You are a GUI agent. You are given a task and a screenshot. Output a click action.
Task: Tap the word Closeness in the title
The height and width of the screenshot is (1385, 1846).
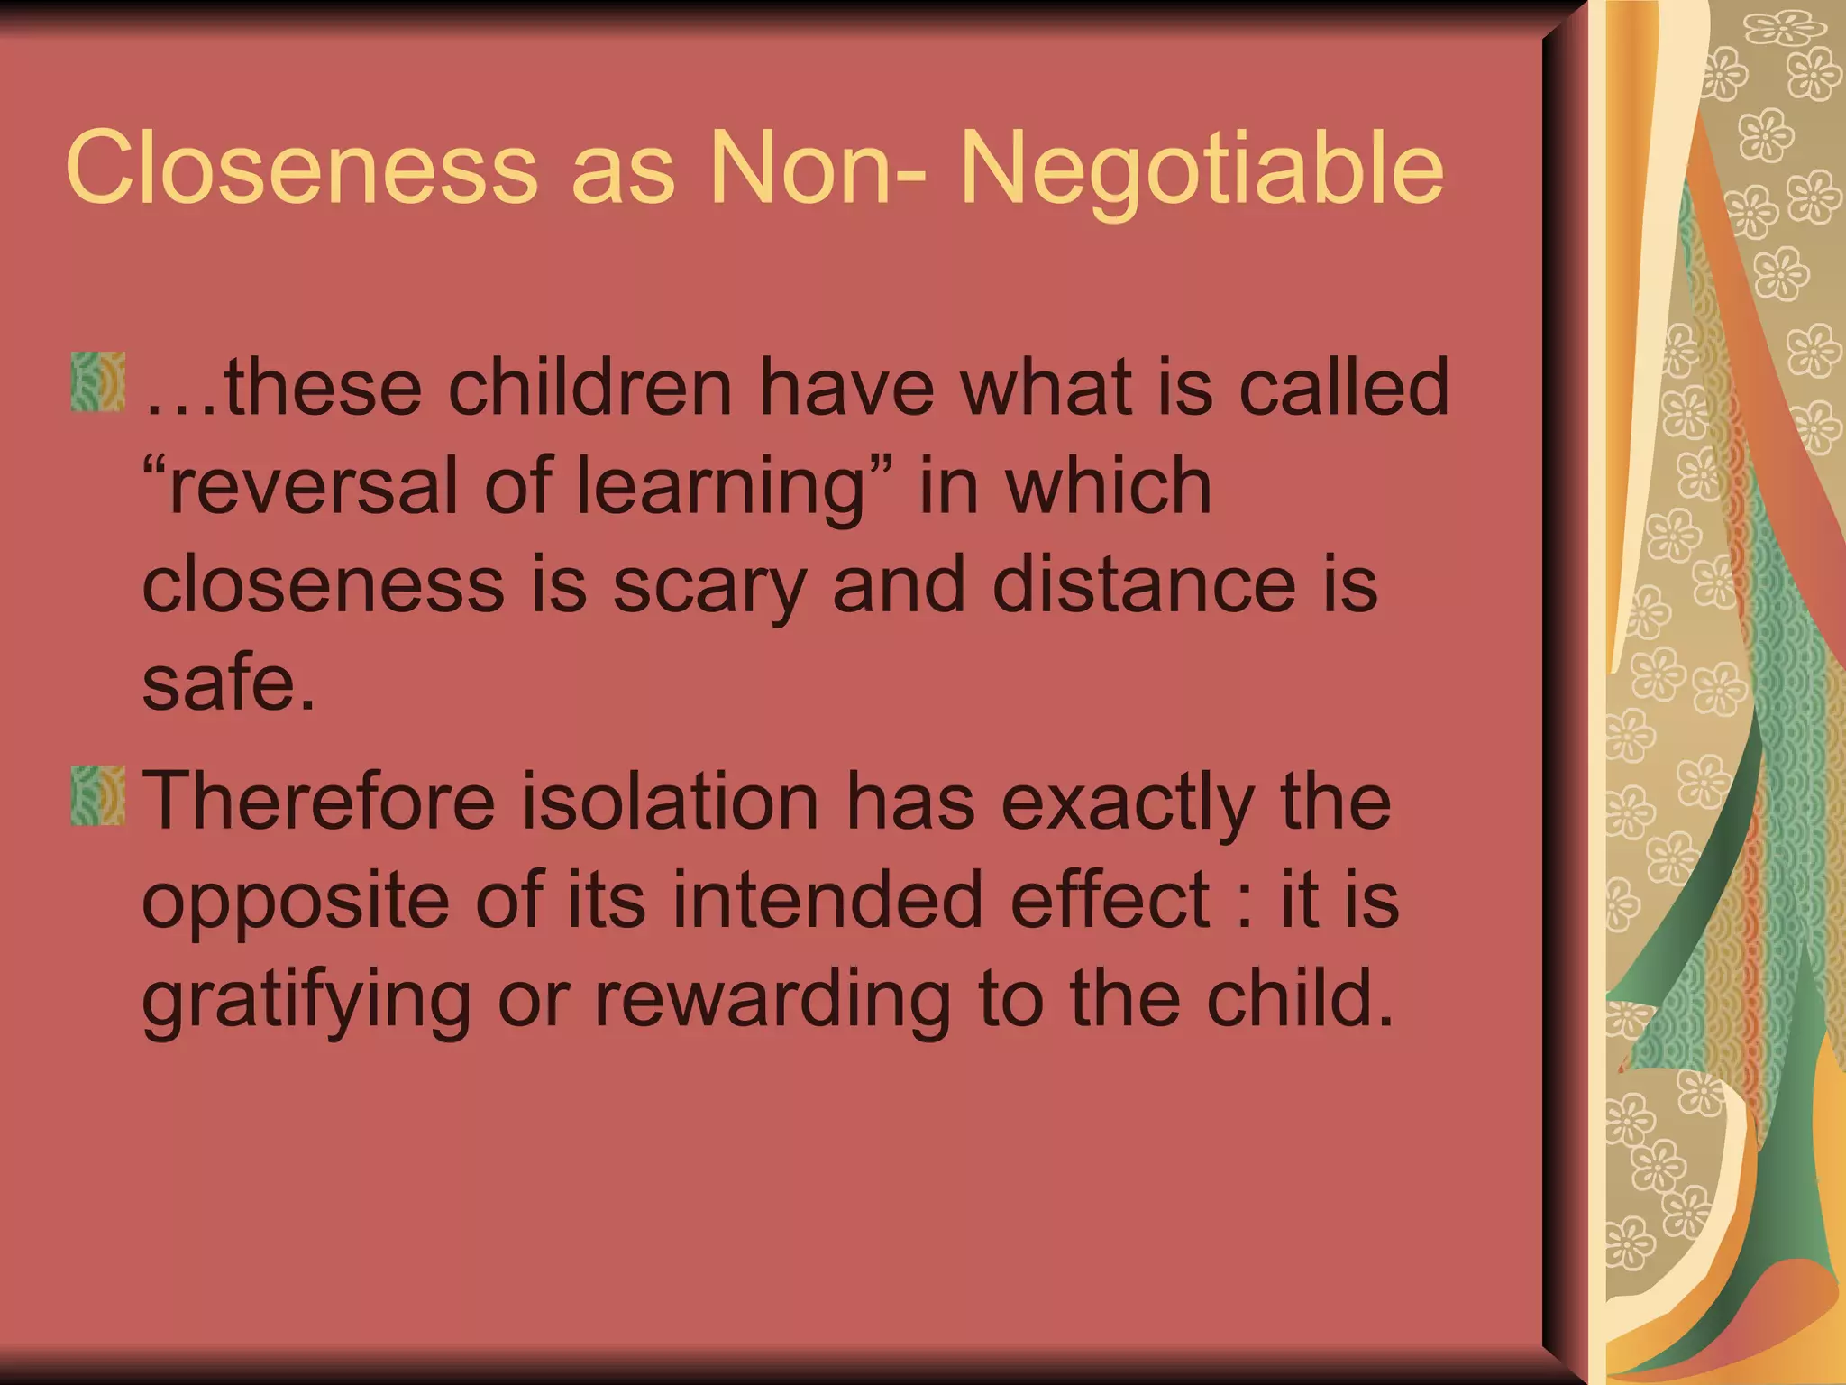click(x=301, y=168)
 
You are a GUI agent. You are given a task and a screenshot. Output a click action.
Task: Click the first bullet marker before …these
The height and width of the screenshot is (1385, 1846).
click(x=97, y=382)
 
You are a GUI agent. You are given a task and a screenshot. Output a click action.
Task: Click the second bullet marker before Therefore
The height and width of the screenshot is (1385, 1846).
click(x=97, y=796)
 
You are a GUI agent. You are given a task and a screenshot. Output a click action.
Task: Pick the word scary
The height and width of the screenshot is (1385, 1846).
click(x=709, y=586)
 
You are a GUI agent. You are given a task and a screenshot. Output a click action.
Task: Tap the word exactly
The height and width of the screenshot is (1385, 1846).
click(x=1128, y=803)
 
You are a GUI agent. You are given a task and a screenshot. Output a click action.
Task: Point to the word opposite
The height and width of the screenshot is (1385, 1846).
click(x=296, y=902)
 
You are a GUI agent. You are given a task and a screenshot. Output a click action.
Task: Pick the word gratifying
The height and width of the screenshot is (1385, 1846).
click(x=306, y=1001)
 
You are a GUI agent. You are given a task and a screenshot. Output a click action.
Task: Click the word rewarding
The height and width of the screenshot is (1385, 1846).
click(x=772, y=1001)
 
